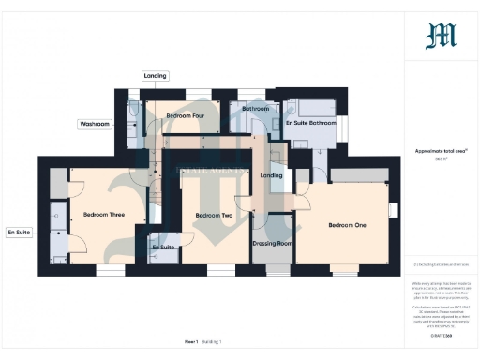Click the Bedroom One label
(x=347, y=225)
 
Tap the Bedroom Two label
(x=214, y=216)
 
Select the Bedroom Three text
(x=103, y=215)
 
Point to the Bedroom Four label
(x=186, y=115)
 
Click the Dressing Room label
(x=273, y=243)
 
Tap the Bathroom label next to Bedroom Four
(x=255, y=109)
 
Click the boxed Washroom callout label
(x=95, y=124)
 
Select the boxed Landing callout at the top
(x=155, y=75)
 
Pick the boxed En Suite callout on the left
(x=18, y=231)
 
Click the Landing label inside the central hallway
(x=271, y=175)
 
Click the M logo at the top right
(x=441, y=36)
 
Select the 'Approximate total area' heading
(x=441, y=150)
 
